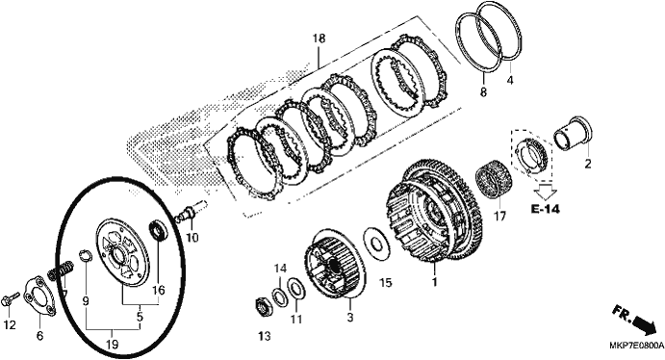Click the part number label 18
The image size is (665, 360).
[x=319, y=39]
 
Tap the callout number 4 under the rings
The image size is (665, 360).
[x=510, y=80]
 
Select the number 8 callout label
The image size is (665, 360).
[x=483, y=91]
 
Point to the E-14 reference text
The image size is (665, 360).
[x=545, y=209]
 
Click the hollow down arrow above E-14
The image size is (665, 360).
[x=545, y=191]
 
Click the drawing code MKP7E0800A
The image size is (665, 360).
[x=636, y=346]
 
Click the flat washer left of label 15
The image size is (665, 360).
[x=376, y=244]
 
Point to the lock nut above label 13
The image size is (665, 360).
[x=263, y=306]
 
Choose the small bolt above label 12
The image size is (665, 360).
[x=11, y=299]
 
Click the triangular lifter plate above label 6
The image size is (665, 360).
[x=40, y=296]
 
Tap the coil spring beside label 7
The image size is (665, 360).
[x=62, y=270]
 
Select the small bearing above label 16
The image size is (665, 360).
[x=159, y=231]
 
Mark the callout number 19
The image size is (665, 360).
[x=112, y=345]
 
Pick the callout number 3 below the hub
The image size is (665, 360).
[x=350, y=317]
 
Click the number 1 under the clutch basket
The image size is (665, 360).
[x=434, y=282]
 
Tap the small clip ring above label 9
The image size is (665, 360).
[x=86, y=256]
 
